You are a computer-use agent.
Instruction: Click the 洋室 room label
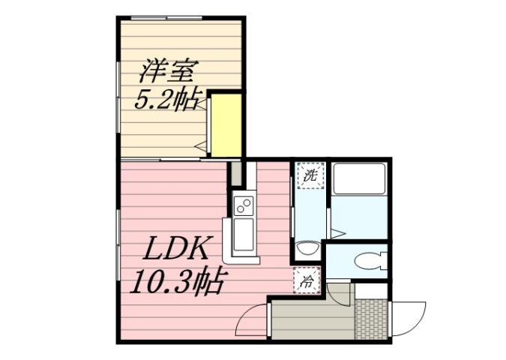pos(166,73)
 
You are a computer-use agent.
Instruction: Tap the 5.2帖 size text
pos(166,100)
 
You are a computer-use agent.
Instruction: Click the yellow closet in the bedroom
pos(226,124)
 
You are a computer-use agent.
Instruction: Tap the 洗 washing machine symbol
pos(309,176)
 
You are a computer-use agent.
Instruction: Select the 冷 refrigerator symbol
pos(308,281)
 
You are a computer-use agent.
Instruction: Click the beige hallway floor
pos(311,319)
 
